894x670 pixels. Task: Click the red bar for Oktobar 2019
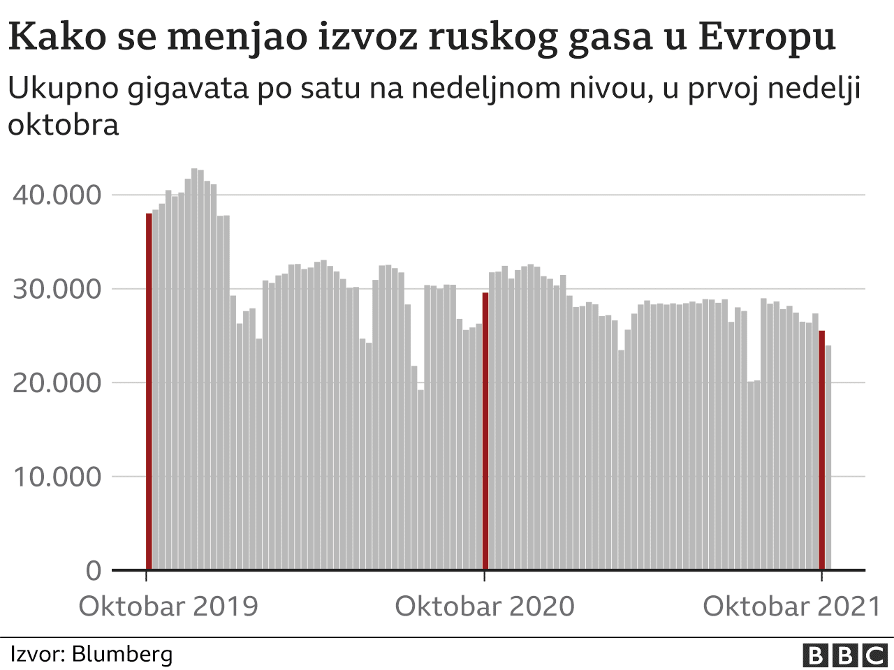click(149, 391)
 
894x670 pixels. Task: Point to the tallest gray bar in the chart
click(194, 370)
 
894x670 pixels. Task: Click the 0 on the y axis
click(94, 571)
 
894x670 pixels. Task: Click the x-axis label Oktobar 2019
click(168, 606)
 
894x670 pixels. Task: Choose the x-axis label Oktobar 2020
click(485, 606)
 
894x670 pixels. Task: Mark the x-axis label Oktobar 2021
click(792, 606)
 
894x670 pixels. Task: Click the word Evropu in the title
click(766, 36)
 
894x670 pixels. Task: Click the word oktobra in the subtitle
click(63, 125)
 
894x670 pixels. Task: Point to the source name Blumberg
click(122, 655)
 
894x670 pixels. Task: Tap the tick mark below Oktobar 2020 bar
click(485, 576)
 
